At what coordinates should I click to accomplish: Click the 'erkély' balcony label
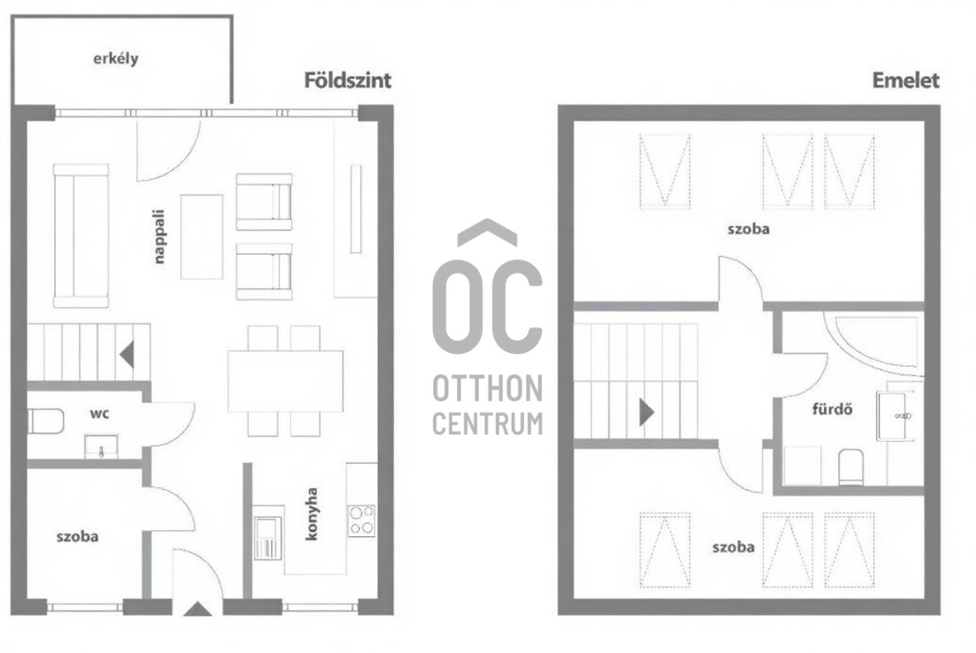[116, 59]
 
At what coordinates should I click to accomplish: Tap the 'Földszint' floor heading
[348, 80]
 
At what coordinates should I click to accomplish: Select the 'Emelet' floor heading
[905, 80]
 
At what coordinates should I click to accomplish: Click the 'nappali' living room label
[159, 237]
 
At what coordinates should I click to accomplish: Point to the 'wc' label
[100, 414]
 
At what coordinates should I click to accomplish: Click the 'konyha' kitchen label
[311, 514]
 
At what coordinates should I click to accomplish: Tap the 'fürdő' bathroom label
[832, 409]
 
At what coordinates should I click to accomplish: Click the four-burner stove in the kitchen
[362, 520]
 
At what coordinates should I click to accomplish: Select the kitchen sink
[268, 537]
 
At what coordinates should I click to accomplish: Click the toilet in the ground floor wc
[45, 421]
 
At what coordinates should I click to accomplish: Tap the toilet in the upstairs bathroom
[851, 466]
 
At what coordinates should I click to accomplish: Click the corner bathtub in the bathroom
[874, 346]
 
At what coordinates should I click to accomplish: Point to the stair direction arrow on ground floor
[127, 355]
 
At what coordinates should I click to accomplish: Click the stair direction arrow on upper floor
[646, 412]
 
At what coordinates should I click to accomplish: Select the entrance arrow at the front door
[198, 609]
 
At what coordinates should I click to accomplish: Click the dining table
[285, 381]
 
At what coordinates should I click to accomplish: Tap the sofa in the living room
[81, 236]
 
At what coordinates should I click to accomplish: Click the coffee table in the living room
[202, 237]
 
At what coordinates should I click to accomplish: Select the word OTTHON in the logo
[487, 389]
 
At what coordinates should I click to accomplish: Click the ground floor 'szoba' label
[77, 536]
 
